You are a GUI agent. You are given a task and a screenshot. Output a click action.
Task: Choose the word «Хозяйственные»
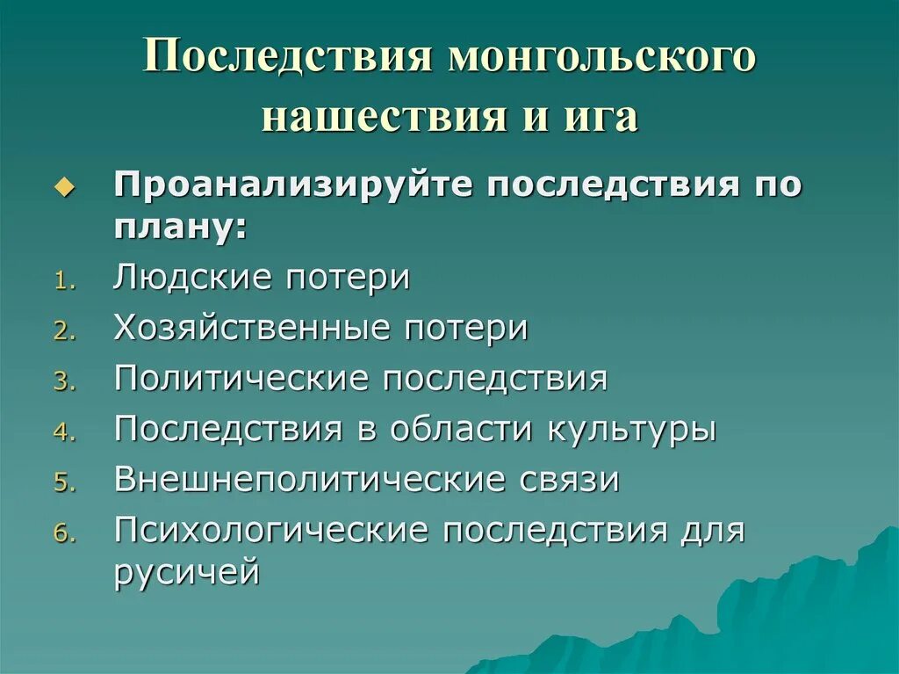(252, 329)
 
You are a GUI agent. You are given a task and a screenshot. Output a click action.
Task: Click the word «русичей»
(186, 573)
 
